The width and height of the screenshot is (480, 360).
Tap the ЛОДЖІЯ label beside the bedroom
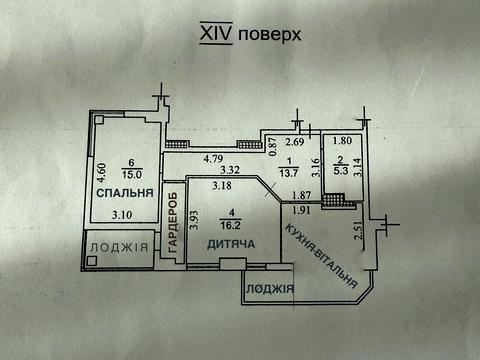[116, 248]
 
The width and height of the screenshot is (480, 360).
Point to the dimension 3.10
[122, 215]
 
